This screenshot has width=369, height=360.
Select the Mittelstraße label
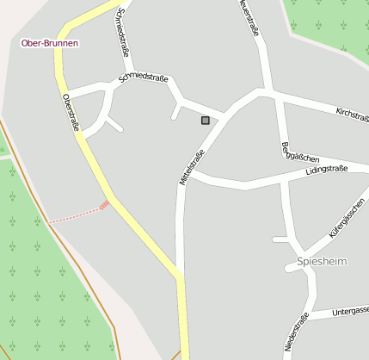[x=192, y=167]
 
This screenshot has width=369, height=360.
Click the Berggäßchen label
[x=300, y=153]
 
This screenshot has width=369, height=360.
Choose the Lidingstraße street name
[x=327, y=171]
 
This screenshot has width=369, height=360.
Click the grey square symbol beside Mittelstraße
[x=205, y=121]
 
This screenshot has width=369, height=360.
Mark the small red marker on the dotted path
[x=104, y=205]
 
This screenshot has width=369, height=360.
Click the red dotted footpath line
[x=73, y=214]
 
